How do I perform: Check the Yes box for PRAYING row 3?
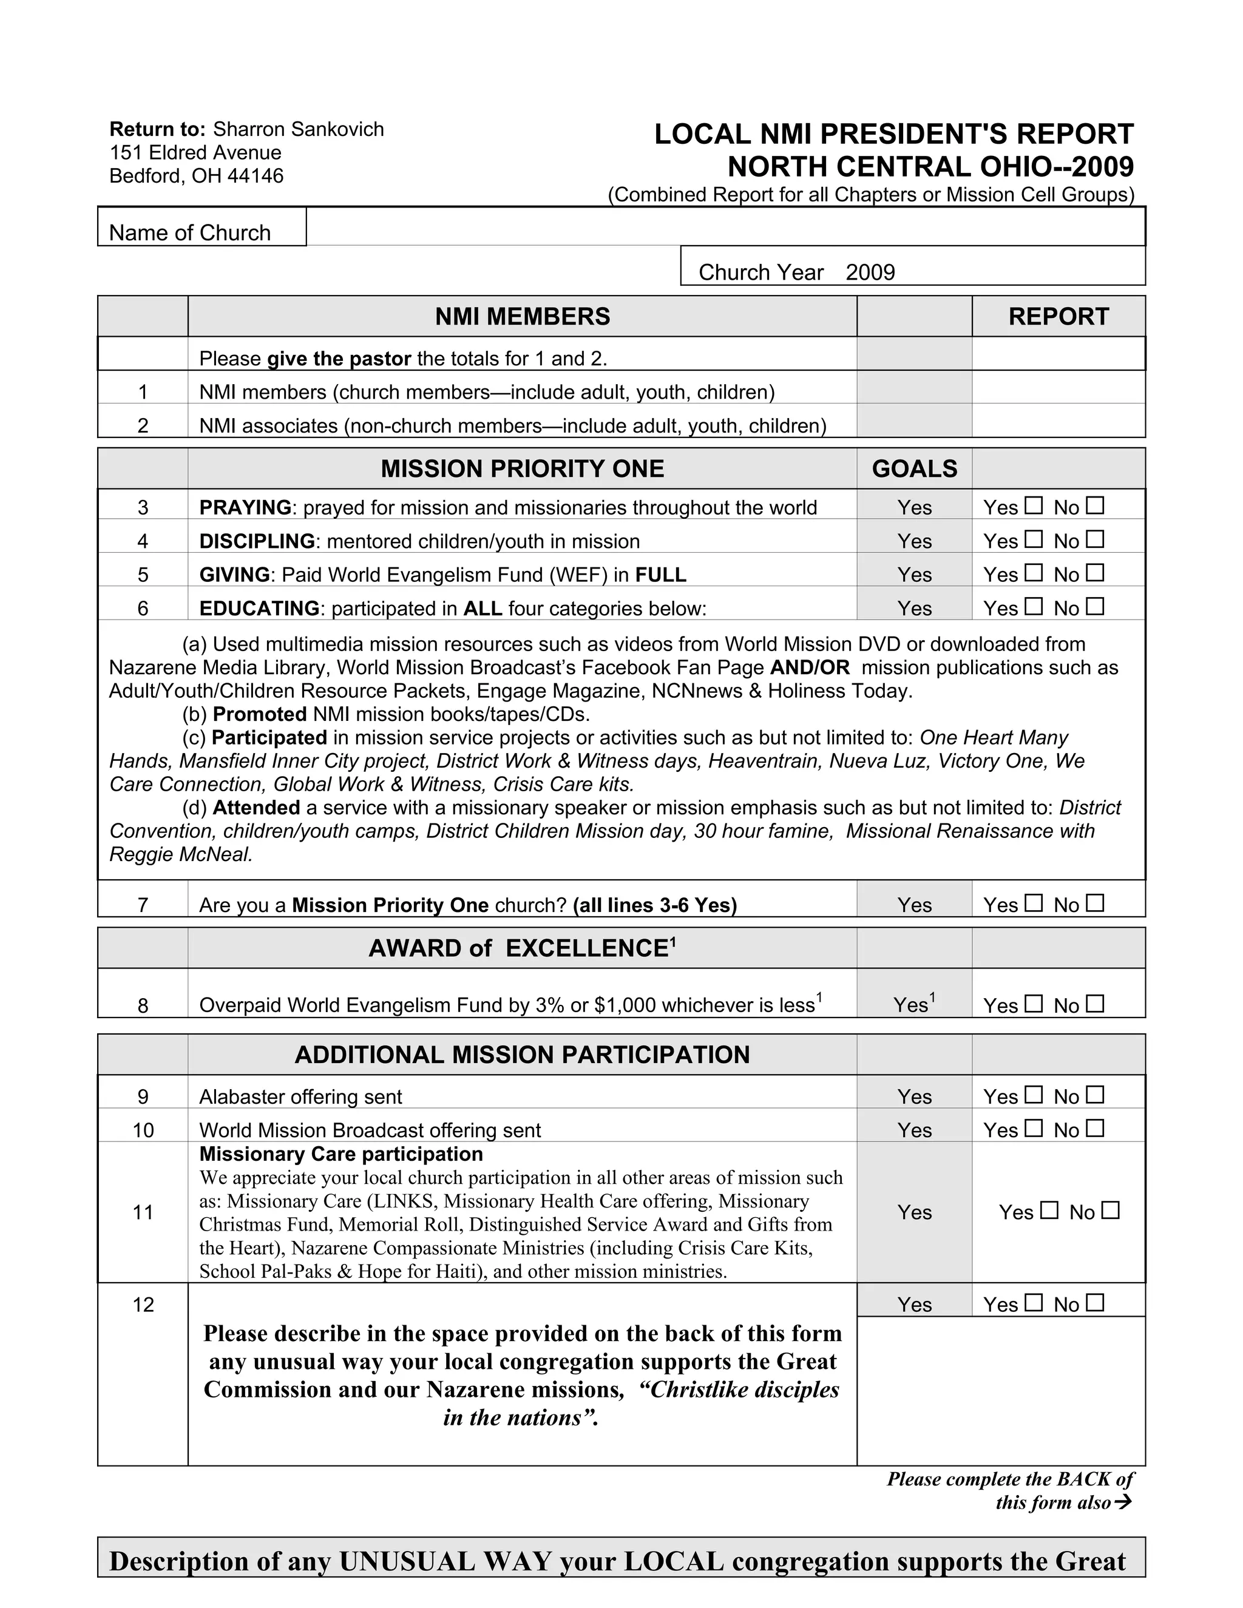pyautogui.click(x=1034, y=506)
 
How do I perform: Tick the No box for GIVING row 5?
pyautogui.click(x=1095, y=573)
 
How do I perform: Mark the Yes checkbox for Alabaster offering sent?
pyautogui.click(x=1034, y=1095)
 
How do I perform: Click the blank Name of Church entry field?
pyautogui.click(x=725, y=226)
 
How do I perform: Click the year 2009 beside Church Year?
pyautogui.click(x=870, y=272)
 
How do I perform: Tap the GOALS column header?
pyautogui.click(x=914, y=468)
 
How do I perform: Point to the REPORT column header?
pyautogui.click(x=1058, y=317)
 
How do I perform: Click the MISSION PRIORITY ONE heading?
pyautogui.click(x=522, y=468)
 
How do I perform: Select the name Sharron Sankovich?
pyautogui.click(x=298, y=130)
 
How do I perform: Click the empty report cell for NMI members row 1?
pyautogui.click(x=1058, y=387)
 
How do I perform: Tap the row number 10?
pyautogui.click(x=143, y=1130)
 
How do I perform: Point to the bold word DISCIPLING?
pyautogui.click(x=257, y=541)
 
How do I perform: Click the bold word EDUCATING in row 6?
pyautogui.click(x=259, y=608)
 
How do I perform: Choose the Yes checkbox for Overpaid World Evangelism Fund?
pyautogui.click(x=1034, y=1004)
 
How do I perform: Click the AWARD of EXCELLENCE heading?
pyautogui.click(x=521, y=948)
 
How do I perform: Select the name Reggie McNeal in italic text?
pyautogui.click(x=180, y=855)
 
